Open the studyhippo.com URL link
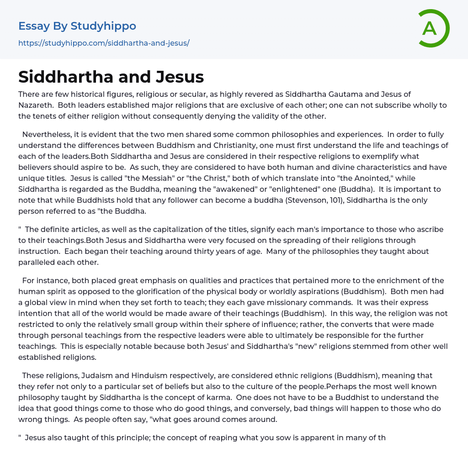[104, 43]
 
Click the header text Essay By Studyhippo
[77, 26]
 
